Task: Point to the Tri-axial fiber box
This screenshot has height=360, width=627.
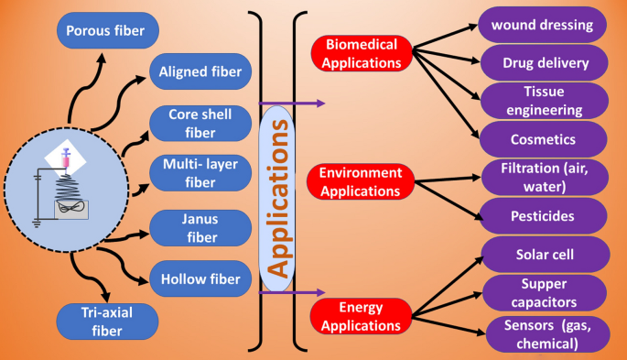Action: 106,322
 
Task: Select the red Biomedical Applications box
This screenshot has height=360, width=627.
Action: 362,53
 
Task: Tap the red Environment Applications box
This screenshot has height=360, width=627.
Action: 362,181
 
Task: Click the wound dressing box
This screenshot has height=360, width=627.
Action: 542,25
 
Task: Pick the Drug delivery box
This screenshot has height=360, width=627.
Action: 542,63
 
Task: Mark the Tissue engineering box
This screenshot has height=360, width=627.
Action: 542,101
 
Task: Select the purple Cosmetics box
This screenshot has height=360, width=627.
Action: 542,139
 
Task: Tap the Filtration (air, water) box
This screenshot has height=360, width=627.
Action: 542,178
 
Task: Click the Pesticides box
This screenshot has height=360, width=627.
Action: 542,216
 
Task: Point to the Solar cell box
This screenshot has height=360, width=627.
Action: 542,254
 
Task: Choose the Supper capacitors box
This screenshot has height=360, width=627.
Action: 542,293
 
